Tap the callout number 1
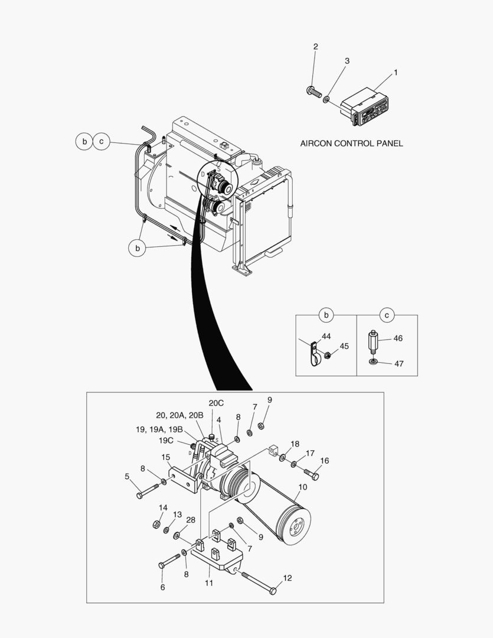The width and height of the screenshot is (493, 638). pyautogui.click(x=396, y=72)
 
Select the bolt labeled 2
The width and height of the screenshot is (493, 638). pyautogui.click(x=313, y=92)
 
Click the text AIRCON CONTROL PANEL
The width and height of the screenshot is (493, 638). pyautogui.click(x=351, y=144)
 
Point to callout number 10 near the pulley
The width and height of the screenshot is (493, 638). pyautogui.click(x=303, y=487)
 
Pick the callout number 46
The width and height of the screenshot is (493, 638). pyautogui.click(x=398, y=339)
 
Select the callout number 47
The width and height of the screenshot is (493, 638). pyautogui.click(x=399, y=364)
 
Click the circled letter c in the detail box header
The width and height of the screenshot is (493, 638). pyautogui.click(x=387, y=315)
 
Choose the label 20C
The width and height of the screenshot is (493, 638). pyautogui.click(x=216, y=403)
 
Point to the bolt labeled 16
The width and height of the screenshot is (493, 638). pyautogui.click(x=311, y=474)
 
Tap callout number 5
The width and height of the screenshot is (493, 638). pyautogui.click(x=126, y=476)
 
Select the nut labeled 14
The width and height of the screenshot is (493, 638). pyautogui.click(x=158, y=524)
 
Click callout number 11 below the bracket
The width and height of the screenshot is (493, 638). pyautogui.click(x=208, y=582)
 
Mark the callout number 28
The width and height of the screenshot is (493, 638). pyautogui.click(x=191, y=519)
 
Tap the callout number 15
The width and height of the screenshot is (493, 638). pyautogui.click(x=166, y=457)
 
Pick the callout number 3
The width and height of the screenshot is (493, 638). pyautogui.click(x=347, y=61)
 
